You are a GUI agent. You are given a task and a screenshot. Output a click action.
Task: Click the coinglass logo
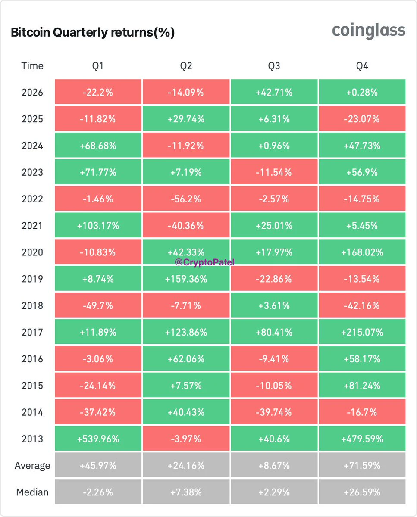pos(368,31)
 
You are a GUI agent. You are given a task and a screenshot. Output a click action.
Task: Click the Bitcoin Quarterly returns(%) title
pos(93,32)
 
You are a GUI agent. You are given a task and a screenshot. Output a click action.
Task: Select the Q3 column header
pos(274,66)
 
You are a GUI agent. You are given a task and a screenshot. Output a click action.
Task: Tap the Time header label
pos(32,66)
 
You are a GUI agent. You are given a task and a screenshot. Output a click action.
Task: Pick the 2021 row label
pos(32,226)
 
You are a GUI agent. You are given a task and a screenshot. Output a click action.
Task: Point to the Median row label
pos(32,492)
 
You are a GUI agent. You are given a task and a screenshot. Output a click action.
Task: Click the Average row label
pos(32,466)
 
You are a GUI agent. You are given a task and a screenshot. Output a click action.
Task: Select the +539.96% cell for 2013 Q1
pos(98,439)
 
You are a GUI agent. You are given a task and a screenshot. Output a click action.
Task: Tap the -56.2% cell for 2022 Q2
pos(186,199)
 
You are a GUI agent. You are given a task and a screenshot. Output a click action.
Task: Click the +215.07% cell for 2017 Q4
pos(362,332)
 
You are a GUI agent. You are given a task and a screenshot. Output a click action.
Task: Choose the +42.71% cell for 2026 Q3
pos(274,92)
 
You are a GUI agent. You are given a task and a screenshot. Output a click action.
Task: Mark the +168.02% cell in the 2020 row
pos(362,252)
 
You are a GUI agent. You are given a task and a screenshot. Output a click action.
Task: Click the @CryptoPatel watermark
pos(204,262)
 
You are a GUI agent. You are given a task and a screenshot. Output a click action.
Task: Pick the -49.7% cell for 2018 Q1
pos(98,305)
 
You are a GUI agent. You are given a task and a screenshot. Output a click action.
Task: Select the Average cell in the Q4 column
pos(362,466)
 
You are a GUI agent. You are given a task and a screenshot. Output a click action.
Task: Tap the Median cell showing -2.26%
pos(98,492)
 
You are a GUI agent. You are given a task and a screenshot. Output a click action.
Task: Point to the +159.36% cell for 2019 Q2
pos(186,279)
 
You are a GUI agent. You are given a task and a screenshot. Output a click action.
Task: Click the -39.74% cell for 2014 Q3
pos(274,412)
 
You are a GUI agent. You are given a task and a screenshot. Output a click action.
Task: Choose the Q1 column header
pos(97,66)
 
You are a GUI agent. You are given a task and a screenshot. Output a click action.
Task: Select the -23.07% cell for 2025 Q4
pos(362,119)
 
